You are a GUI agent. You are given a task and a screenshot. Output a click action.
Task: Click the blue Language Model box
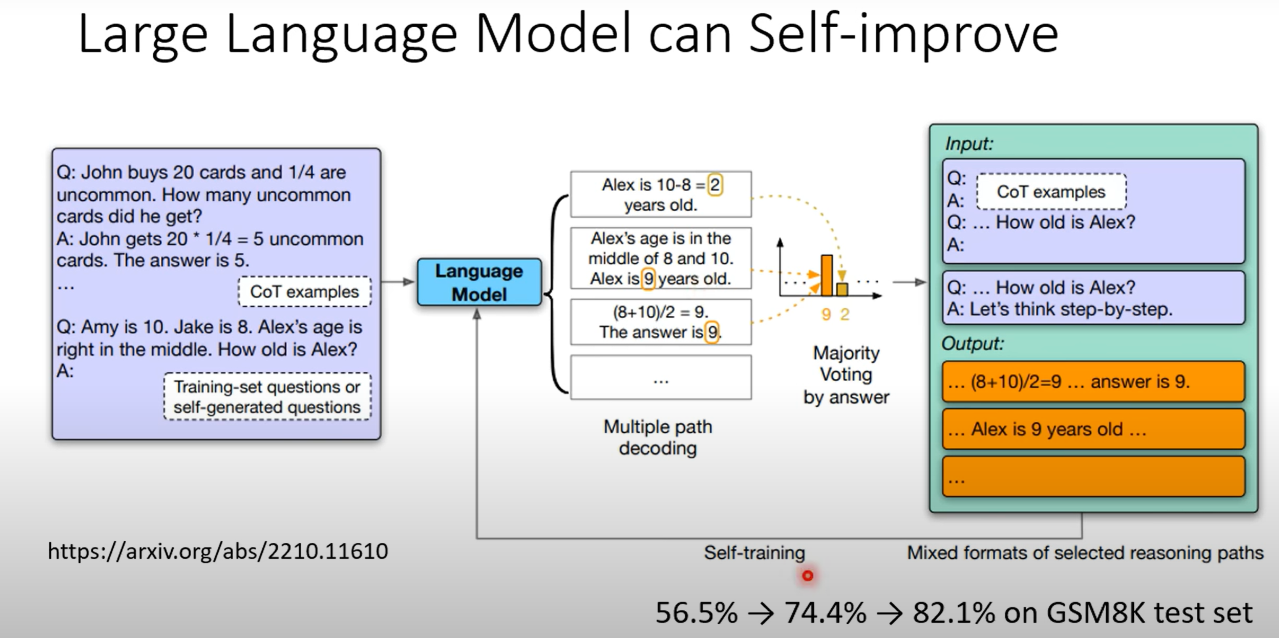[479, 282]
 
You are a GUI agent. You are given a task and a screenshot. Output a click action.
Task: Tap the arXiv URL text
[217, 551]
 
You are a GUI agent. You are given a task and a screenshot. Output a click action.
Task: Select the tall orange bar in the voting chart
[827, 275]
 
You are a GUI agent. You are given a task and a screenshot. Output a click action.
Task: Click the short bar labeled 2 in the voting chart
[842, 289]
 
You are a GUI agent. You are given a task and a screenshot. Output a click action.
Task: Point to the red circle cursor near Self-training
[808, 576]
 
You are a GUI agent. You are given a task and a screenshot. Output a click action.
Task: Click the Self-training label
[754, 552]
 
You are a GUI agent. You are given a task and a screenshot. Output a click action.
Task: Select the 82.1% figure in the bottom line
[953, 613]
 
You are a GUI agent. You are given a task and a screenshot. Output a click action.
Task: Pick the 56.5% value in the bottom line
[697, 613]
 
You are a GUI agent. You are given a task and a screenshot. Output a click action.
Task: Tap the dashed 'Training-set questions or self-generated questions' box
[267, 397]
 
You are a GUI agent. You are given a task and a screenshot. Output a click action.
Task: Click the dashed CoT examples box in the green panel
[1051, 192]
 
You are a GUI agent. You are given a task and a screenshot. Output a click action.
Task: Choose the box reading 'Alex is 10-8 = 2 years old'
[661, 195]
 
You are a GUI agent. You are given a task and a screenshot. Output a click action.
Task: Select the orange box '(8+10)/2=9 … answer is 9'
[1093, 382]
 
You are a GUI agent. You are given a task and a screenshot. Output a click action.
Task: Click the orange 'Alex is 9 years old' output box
[1093, 429]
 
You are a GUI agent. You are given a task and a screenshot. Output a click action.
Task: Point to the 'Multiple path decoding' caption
[658, 437]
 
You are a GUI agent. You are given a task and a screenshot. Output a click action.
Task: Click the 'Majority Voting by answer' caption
[846, 375]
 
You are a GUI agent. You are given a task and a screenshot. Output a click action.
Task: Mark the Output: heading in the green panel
[973, 343]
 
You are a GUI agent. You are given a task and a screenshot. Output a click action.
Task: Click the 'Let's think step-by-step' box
[1093, 298]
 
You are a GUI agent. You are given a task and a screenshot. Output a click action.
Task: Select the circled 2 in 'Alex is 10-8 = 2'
[715, 185]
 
